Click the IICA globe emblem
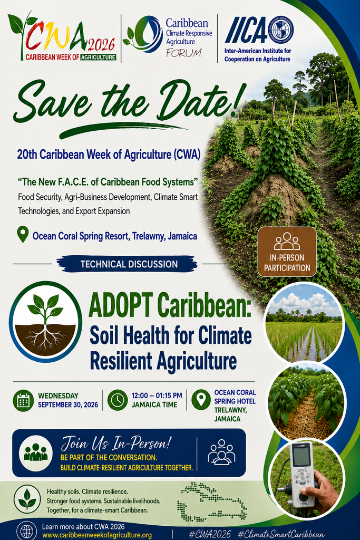pyautogui.click(x=281, y=30)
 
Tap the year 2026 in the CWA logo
pyautogui.click(x=101, y=45)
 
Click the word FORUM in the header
pyautogui.click(x=184, y=53)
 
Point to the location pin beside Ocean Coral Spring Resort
pyautogui.click(x=23, y=234)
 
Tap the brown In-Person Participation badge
pyautogui.click(x=287, y=252)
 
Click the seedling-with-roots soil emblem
pyautogui.click(x=45, y=322)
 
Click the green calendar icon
pyautogui.click(x=23, y=401)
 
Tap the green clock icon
pyautogui.click(x=118, y=400)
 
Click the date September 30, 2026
pyautogui.click(x=68, y=405)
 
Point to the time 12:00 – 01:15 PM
pyautogui.click(x=157, y=396)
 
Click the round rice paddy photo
pyautogui.click(x=304, y=322)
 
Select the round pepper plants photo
pyautogui.click(x=306, y=401)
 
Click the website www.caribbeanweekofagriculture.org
pyautogui.click(x=97, y=535)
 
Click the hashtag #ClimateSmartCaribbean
pyautogui.click(x=281, y=534)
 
